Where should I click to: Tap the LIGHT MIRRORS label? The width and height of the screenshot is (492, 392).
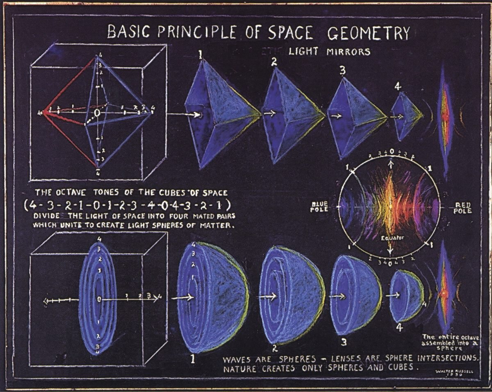[329, 52]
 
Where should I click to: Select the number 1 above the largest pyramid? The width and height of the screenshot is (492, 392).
[200, 52]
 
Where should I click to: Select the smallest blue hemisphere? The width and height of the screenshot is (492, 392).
[406, 296]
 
